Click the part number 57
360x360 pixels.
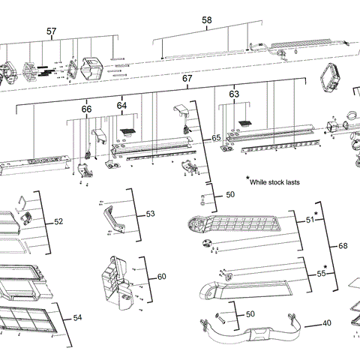coord(51,31)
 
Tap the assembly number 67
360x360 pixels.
coord(188,79)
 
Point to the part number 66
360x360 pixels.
coord(87,109)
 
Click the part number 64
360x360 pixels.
coord(121,106)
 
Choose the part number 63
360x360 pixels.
coord(234,94)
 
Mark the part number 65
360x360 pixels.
coord(216,139)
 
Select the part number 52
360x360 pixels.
coord(59,222)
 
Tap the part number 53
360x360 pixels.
coord(150,214)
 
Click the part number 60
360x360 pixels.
coord(161,277)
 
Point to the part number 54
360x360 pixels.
coord(77,318)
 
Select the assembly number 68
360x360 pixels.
coord(343,246)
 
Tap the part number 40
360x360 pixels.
coord(326,323)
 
